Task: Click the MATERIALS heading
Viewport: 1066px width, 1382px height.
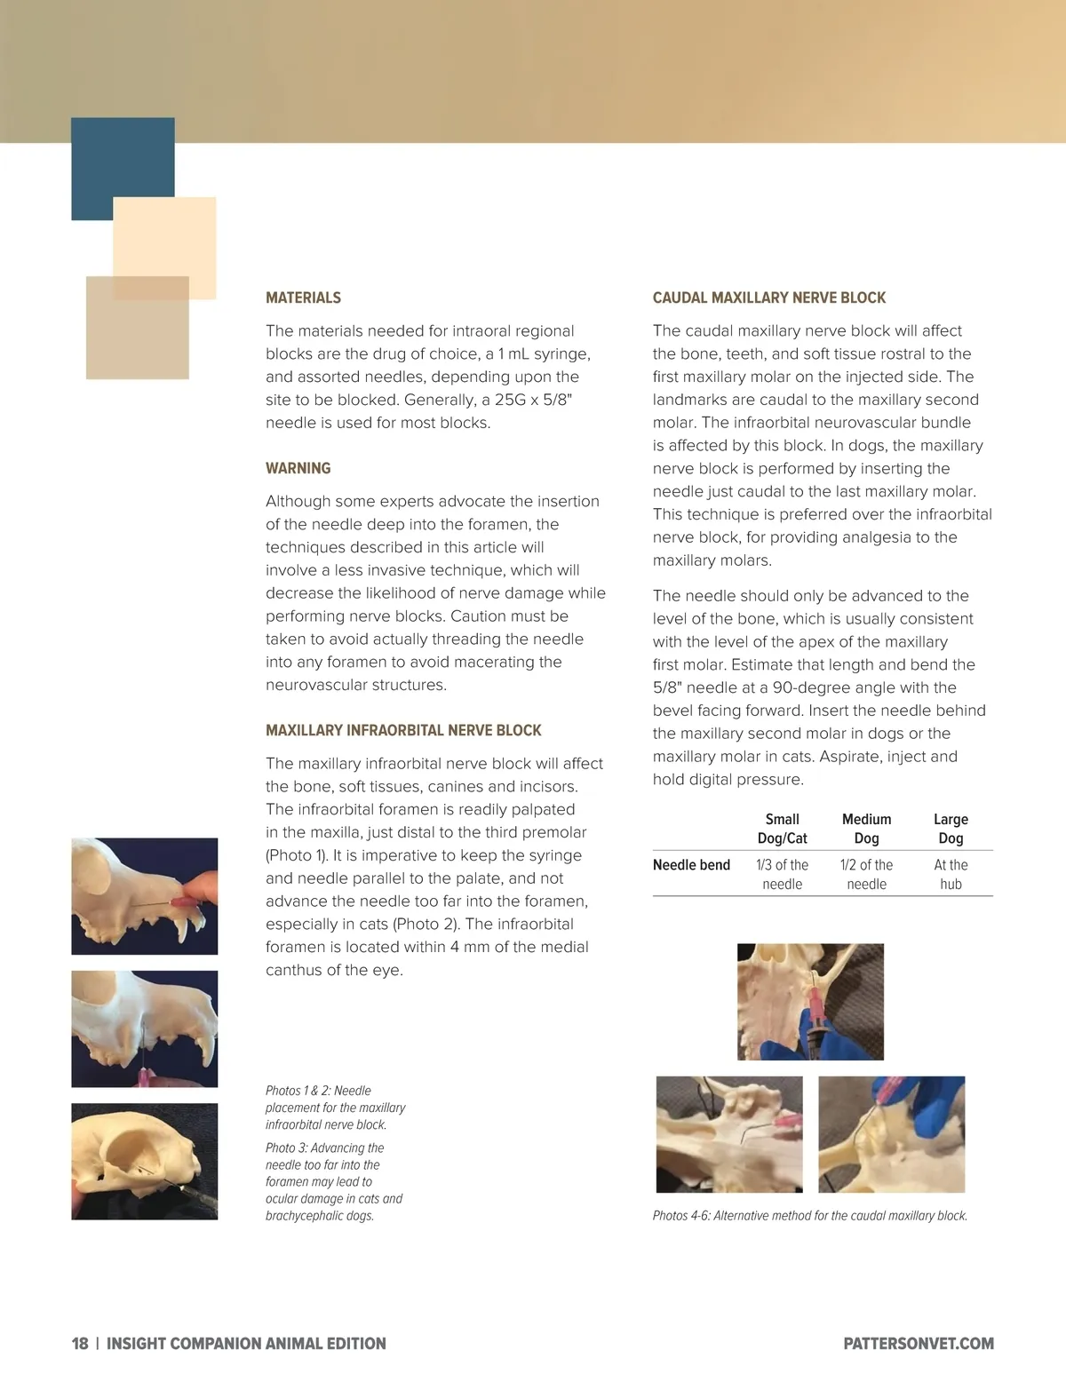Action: tap(303, 298)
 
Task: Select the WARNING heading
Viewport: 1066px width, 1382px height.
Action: tap(298, 468)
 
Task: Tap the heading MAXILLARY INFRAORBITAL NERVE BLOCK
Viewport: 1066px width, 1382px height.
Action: tap(403, 730)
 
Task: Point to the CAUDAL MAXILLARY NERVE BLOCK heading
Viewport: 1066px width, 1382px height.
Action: tap(769, 298)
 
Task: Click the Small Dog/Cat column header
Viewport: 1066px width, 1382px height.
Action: tap(783, 829)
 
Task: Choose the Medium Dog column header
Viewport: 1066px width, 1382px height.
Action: tap(866, 829)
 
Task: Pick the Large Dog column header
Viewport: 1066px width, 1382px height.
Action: tap(951, 829)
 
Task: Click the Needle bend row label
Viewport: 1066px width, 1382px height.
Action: tap(691, 865)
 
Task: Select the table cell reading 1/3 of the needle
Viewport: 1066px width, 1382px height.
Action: tap(783, 875)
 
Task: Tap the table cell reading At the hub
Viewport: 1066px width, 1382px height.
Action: tap(951, 875)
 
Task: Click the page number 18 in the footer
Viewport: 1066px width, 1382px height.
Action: tap(79, 1343)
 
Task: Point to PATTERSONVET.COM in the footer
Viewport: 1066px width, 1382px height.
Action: tap(919, 1343)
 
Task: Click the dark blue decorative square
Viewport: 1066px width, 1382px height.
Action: tap(123, 169)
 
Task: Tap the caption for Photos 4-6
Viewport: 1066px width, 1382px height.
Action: tap(809, 1215)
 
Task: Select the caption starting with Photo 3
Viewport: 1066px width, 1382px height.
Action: tap(334, 1181)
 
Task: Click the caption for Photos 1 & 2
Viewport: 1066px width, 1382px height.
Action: tap(335, 1108)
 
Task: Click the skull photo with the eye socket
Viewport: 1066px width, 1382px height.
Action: tap(145, 1162)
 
